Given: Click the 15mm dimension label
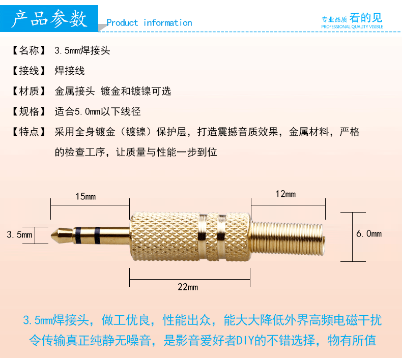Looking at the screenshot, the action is tap(85, 197).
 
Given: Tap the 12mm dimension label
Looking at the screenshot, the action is tap(285, 194).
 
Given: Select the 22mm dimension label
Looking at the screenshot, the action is tap(188, 287).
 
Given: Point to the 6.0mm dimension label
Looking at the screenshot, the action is tap(369, 234).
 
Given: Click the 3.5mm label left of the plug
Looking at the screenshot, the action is tap(19, 234).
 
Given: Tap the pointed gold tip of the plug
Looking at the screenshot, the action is tap(52, 235).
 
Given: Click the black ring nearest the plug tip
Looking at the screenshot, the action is tap(78, 235).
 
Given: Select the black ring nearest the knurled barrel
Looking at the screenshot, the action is tap(97, 235).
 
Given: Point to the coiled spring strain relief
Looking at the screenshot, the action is tap(288, 238).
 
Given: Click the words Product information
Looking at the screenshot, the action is tap(149, 23).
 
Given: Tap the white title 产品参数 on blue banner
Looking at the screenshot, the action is tap(49, 18).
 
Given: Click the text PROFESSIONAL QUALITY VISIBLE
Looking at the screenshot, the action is tap(352, 26).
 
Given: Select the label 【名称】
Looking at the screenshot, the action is tap(28, 50).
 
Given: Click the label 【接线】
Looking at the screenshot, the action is tap(28, 71).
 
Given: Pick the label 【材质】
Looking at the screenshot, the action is tap(28, 91).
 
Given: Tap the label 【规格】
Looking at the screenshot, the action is tap(28, 111).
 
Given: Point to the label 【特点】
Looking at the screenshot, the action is tap(28, 132).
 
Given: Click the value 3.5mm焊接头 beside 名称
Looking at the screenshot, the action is tap(82, 50).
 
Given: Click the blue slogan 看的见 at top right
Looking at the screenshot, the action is tap(366, 18).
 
